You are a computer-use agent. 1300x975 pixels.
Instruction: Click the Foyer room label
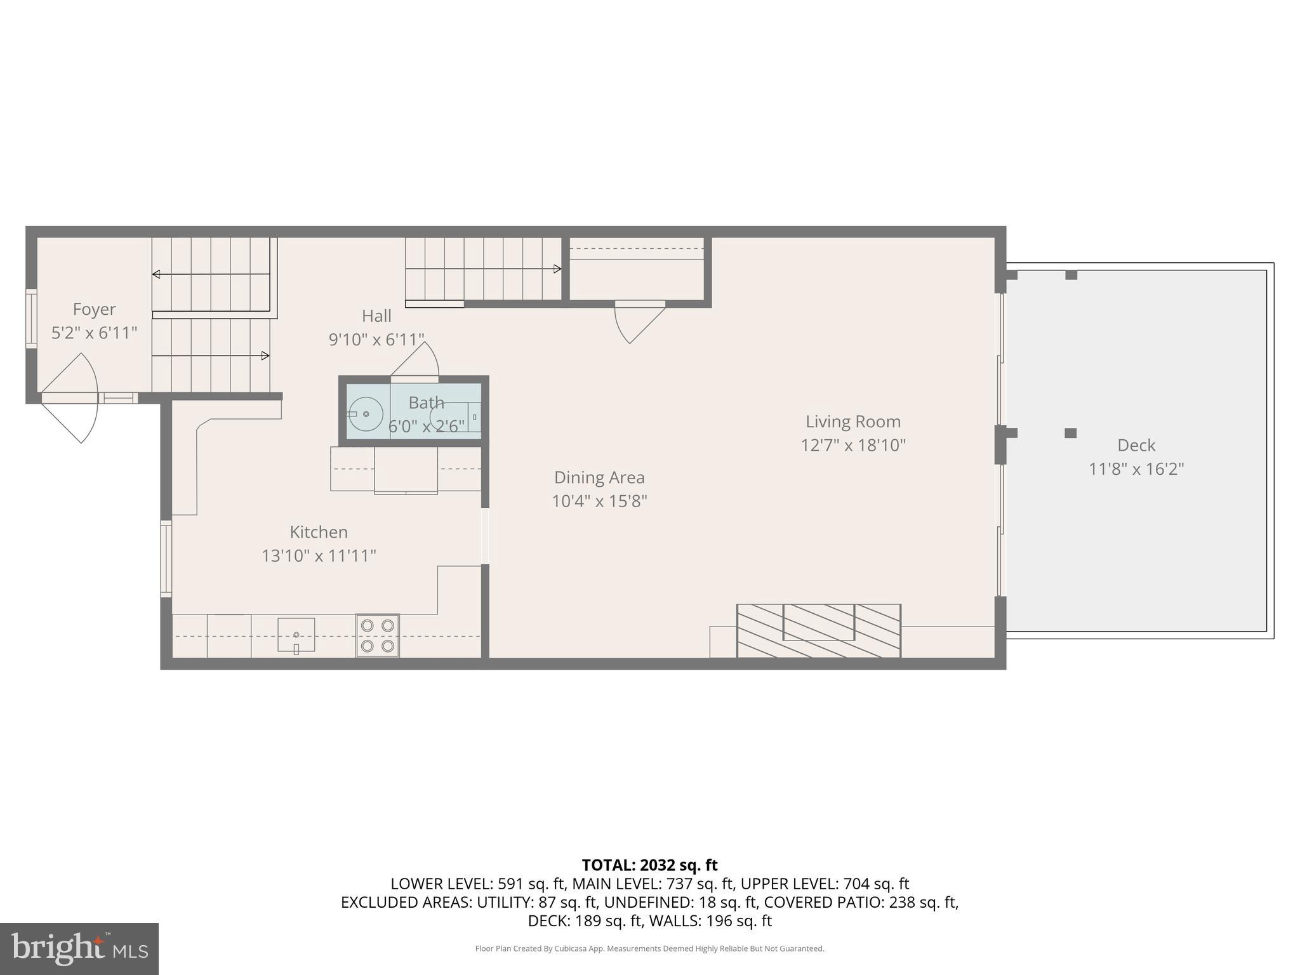(x=94, y=309)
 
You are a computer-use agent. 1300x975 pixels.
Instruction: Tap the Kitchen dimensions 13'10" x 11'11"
(x=319, y=556)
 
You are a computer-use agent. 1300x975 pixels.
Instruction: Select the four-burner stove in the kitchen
(x=378, y=635)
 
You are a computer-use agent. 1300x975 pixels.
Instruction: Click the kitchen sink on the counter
(x=296, y=634)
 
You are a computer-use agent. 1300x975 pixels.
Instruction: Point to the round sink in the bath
(x=366, y=413)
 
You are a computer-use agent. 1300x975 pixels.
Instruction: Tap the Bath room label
(x=426, y=403)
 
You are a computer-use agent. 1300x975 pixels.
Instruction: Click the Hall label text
(x=376, y=316)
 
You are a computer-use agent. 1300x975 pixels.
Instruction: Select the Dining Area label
(x=599, y=477)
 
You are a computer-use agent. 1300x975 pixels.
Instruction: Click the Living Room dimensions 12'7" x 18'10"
(x=852, y=445)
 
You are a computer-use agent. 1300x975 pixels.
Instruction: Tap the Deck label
(x=1136, y=445)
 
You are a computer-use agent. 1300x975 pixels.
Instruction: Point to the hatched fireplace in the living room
(x=818, y=630)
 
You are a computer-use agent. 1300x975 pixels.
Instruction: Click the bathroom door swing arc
(x=419, y=361)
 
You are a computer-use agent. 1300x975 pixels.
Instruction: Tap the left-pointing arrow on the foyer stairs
(x=156, y=274)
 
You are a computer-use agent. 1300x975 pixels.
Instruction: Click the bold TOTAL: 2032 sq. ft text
(x=649, y=865)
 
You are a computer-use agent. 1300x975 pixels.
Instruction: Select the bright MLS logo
(x=79, y=948)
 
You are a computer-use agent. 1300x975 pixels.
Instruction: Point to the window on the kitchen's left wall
(x=166, y=558)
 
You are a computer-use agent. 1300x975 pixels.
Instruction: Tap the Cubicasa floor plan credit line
(x=649, y=949)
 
